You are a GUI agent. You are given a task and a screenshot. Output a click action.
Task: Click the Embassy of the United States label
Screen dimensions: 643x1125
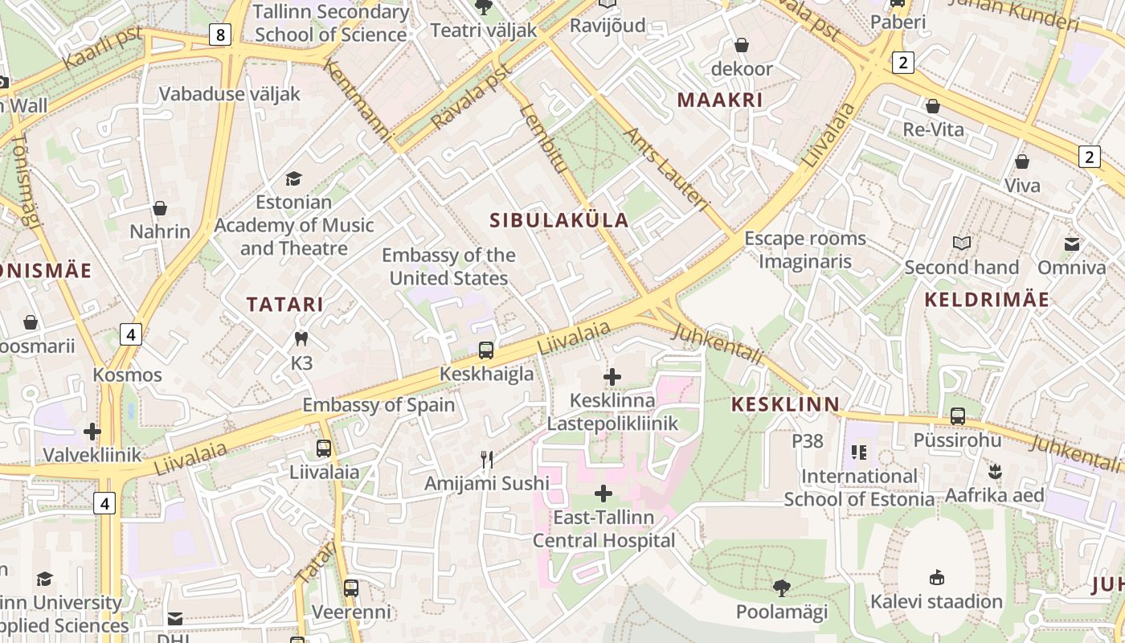click(x=448, y=267)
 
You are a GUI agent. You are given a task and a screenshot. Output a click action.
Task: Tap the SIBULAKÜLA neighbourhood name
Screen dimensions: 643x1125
click(x=559, y=220)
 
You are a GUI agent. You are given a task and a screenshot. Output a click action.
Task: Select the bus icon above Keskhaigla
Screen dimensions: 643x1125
click(x=486, y=350)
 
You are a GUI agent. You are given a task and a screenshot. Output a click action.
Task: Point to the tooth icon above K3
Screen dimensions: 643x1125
click(x=301, y=339)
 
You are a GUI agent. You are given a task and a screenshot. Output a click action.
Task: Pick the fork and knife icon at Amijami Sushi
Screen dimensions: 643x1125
click(x=486, y=460)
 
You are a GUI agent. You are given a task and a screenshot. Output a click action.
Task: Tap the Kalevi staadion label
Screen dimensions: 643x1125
click(x=936, y=601)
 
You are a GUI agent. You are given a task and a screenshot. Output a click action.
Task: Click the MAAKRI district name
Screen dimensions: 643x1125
click(x=720, y=100)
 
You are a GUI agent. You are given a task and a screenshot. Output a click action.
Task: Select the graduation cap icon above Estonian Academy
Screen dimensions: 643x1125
click(x=294, y=178)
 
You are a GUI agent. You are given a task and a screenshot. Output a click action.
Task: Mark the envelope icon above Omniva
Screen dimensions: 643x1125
click(x=1072, y=244)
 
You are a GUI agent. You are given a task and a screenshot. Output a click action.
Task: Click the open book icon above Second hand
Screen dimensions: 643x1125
click(x=961, y=243)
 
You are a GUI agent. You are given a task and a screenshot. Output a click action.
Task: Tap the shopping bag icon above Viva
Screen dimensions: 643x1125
click(x=1022, y=162)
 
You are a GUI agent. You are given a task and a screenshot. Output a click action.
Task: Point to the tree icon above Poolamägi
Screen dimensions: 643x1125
click(x=781, y=588)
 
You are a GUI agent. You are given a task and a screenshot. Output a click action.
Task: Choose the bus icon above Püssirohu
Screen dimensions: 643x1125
click(x=957, y=416)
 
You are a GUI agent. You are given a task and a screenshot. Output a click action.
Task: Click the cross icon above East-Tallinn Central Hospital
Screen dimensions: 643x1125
click(x=603, y=494)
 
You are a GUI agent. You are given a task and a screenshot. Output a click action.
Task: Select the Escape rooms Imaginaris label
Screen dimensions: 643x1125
click(x=804, y=250)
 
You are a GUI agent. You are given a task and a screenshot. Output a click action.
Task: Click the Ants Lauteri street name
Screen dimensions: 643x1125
click(x=666, y=170)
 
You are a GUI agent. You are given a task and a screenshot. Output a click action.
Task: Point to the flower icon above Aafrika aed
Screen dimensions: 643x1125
click(x=995, y=471)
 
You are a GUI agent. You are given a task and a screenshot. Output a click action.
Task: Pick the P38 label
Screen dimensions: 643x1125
click(x=808, y=440)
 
